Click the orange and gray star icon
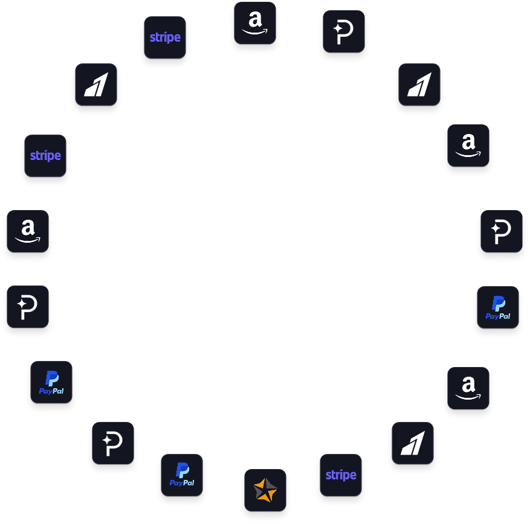point(265,490)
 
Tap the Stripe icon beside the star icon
point(341,475)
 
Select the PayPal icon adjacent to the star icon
point(182,475)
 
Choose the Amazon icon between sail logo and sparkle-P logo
point(468,145)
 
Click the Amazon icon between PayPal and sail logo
point(468,388)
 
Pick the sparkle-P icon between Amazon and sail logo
point(344,31)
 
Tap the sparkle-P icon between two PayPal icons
point(113,443)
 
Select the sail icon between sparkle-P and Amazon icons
point(419,85)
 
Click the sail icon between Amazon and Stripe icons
point(413,443)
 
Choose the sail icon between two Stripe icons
point(96,85)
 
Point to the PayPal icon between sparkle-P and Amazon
point(498,307)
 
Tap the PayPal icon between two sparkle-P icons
point(51,382)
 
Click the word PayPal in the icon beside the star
point(182,483)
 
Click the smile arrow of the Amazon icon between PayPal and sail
point(468,397)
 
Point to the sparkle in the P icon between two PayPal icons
point(107,440)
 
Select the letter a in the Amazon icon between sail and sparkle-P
point(468,142)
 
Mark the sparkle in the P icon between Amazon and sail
point(338,29)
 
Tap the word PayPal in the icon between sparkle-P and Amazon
point(498,316)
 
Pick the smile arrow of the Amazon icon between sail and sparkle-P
point(468,155)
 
